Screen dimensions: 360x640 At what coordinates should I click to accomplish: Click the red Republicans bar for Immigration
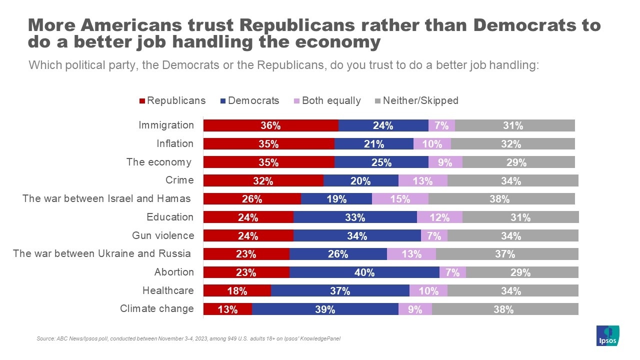coord(270,125)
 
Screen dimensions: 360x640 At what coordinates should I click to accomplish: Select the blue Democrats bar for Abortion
coord(364,272)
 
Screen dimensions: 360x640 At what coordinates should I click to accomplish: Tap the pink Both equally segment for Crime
coord(422,181)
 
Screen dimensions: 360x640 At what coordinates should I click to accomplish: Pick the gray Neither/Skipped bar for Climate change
coord(505,309)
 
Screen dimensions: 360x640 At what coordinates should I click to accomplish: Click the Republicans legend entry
coord(172,100)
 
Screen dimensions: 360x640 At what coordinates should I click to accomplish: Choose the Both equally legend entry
coord(327,100)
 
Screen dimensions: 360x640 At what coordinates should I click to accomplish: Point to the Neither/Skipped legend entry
coord(416,100)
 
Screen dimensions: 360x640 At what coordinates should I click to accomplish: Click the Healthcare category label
coord(168,290)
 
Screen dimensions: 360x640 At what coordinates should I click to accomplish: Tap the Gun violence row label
coord(162,235)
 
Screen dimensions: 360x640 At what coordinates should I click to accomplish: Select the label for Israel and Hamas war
coord(106,198)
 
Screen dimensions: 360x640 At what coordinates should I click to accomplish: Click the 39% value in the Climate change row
coord(325,309)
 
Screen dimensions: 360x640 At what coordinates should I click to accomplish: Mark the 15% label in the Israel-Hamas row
coord(400,199)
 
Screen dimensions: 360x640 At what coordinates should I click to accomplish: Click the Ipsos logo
coord(607,335)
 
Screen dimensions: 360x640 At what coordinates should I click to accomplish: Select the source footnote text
coord(188,339)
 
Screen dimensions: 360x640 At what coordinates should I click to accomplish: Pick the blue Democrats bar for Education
coord(355,217)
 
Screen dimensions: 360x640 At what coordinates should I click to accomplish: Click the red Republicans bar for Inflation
coord(268,144)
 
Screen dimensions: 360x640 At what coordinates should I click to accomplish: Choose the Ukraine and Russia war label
coord(102,253)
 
